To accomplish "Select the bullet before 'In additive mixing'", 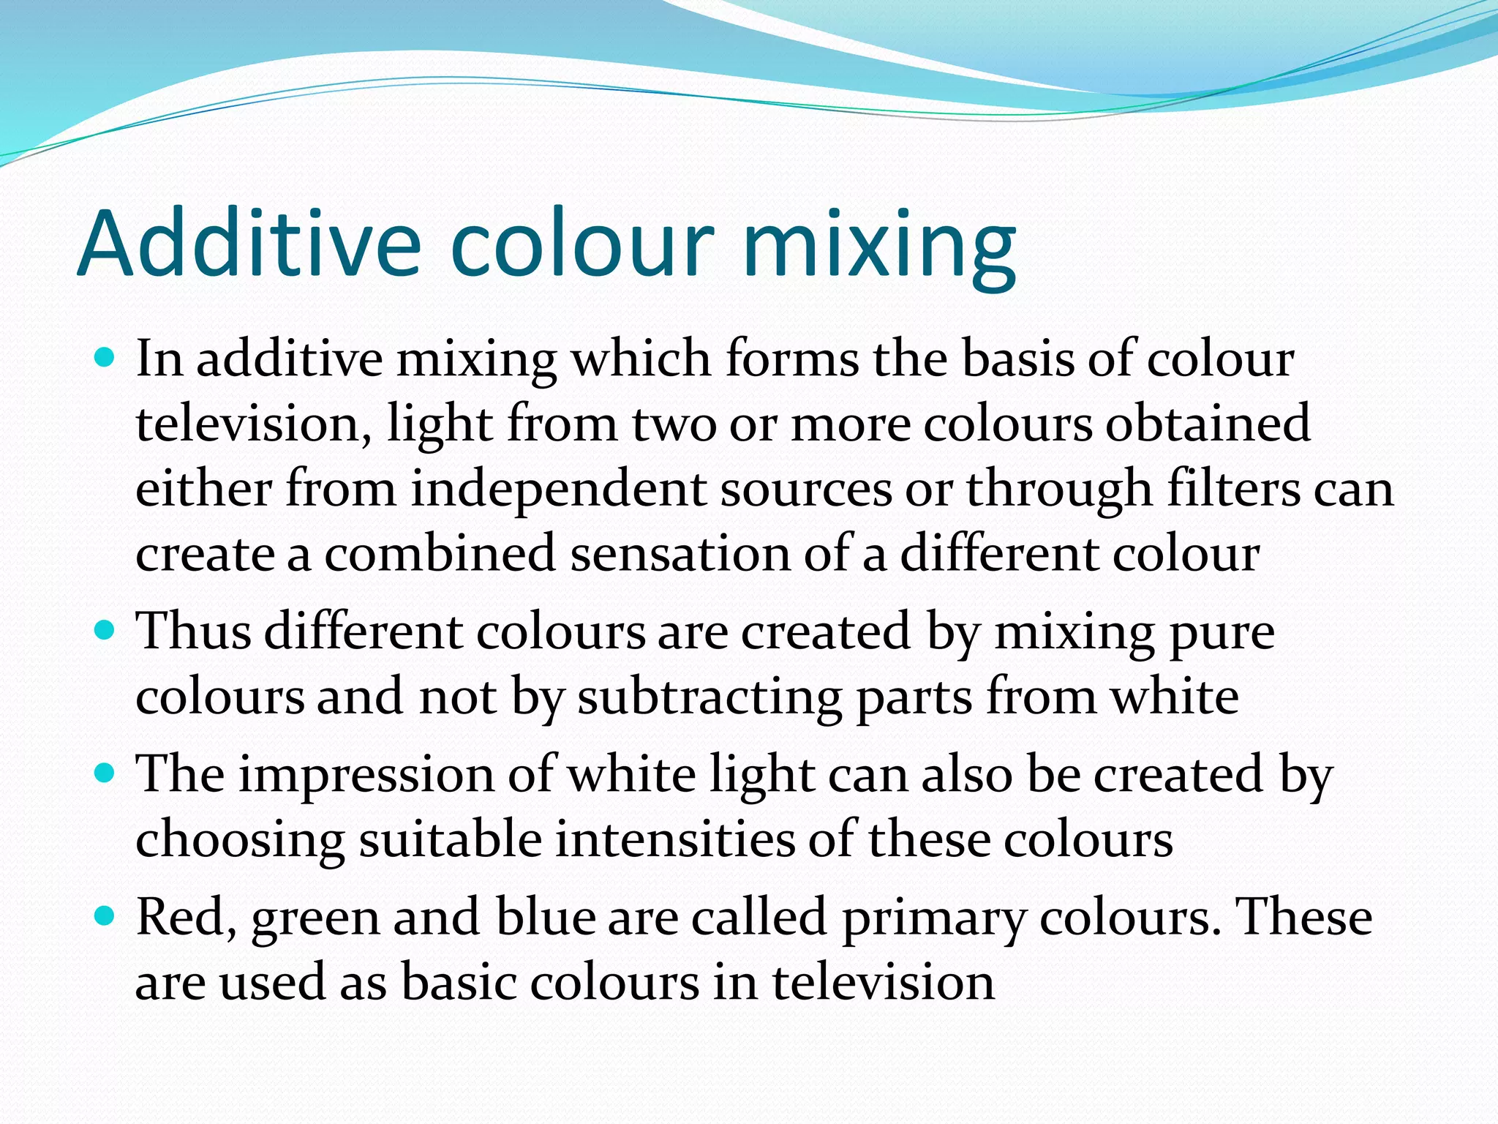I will pyautogui.click(x=105, y=359).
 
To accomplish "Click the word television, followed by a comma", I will pyautogui.click(x=253, y=424).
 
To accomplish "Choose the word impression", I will pyautogui.click(x=366, y=774).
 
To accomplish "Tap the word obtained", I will pyautogui.click(x=1207, y=424).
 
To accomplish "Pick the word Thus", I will pyautogui.click(x=194, y=631).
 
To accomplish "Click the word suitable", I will pyautogui.click(x=450, y=839).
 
